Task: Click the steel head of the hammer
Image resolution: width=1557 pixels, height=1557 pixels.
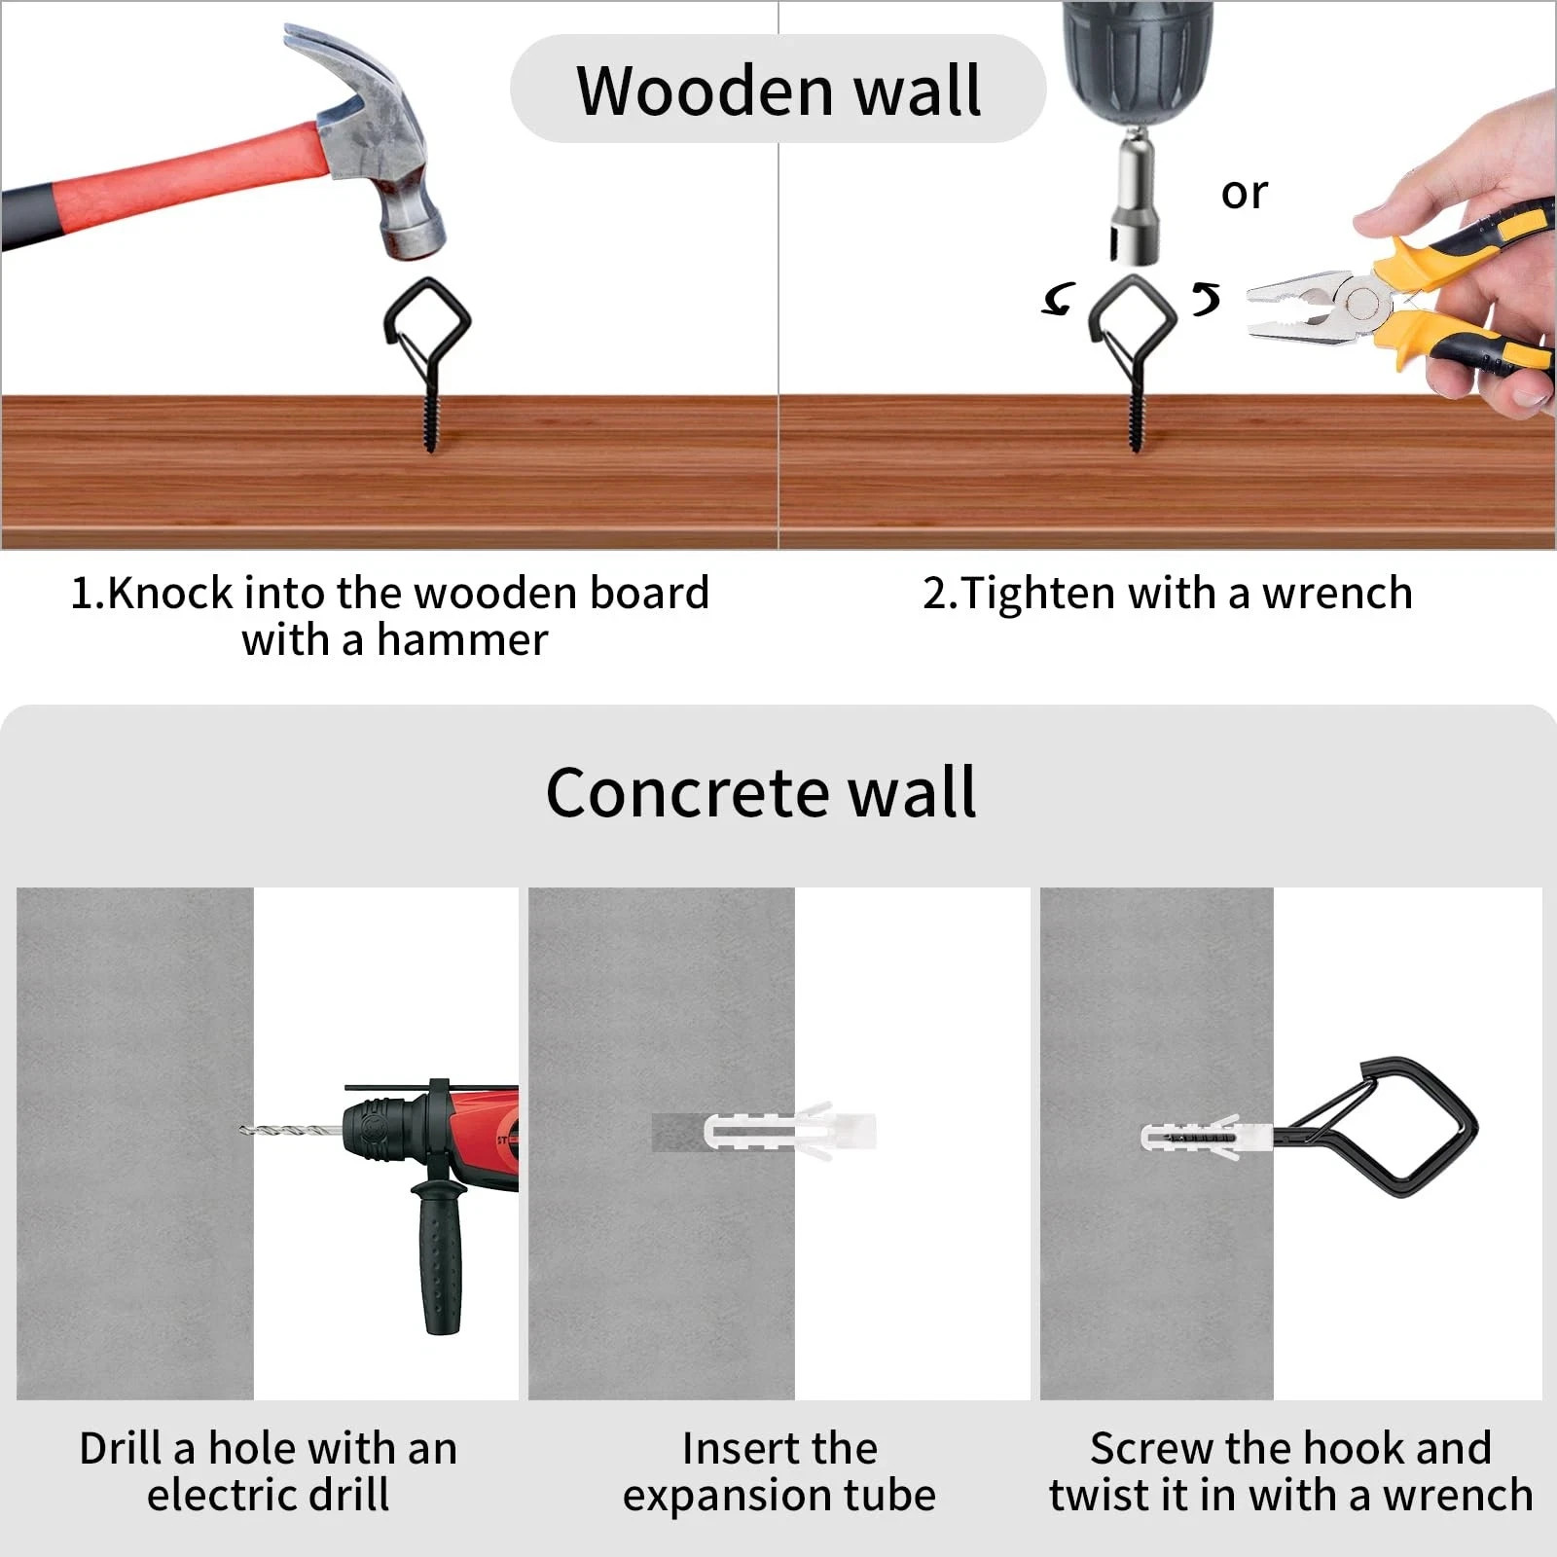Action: click(x=384, y=146)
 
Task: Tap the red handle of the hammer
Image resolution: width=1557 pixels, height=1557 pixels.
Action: click(x=195, y=175)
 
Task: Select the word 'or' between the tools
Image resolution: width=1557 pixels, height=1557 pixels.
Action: click(x=1244, y=193)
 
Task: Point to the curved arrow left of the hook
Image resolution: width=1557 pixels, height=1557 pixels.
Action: click(x=1059, y=299)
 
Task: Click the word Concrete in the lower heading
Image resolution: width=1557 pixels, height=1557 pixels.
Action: click(x=687, y=792)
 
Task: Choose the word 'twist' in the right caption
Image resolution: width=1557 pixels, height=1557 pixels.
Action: click(x=1100, y=1496)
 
